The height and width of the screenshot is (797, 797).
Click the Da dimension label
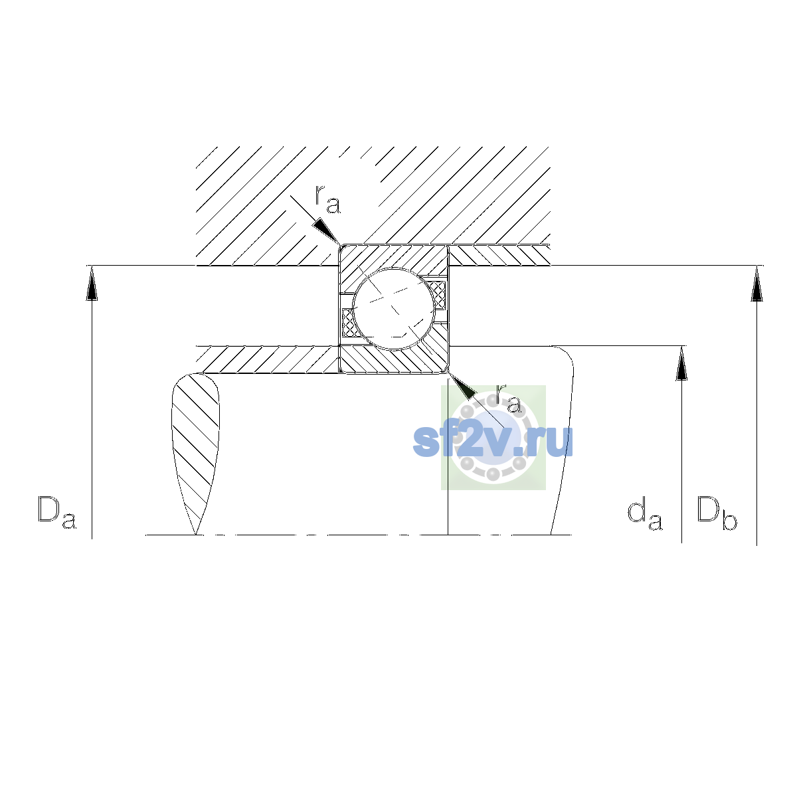coord(57,513)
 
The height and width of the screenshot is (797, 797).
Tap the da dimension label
coord(644,515)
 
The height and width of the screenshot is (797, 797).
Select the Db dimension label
coord(717,513)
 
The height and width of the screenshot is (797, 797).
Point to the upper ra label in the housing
coord(327,199)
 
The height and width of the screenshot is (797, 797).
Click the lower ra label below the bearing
coord(508,398)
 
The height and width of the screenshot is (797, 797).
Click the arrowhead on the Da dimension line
coord(92,283)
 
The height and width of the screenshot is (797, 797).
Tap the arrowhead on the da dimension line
coord(681,363)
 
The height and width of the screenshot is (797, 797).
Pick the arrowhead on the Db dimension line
coord(757,283)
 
